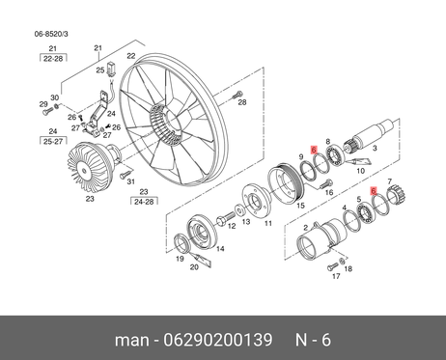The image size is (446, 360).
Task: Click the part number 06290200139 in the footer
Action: [x=218, y=340]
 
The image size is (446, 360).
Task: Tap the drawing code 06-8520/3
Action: [x=51, y=34]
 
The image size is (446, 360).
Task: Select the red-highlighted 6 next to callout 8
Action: [x=314, y=150]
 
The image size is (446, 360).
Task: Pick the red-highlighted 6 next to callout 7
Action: [x=374, y=191]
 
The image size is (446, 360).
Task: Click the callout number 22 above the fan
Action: [x=131, y=56]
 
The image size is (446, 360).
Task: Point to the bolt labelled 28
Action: [x=237, y=96]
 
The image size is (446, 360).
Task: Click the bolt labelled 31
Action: [x=125, y=176]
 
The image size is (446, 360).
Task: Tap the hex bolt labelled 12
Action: [x=226, y=218]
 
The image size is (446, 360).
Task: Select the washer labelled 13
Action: [x=239, y=211]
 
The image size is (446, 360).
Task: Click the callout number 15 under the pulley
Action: [x=300, y=206]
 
